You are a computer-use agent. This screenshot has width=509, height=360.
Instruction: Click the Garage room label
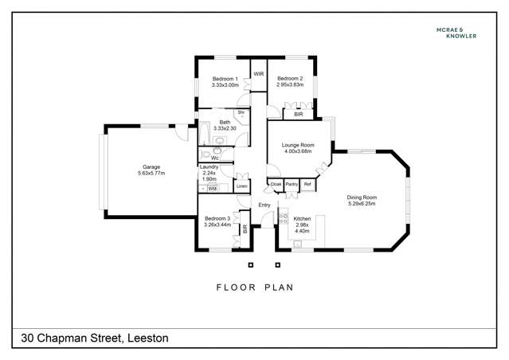[x=151, y=166]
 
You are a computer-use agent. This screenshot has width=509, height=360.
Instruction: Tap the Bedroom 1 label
[x=225, y=79]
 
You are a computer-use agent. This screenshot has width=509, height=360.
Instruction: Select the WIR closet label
[x=259, y=74]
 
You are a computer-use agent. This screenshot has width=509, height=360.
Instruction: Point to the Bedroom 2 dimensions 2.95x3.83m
[x=290, y=84]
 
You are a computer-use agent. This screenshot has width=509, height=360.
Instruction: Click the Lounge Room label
[x=298, y=145]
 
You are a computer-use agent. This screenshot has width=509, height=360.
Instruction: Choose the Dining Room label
[x=362, y=198]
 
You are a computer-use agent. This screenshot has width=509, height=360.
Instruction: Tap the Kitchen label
[x=302, y=219]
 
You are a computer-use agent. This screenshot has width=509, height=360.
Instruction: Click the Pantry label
[x=292, y=184]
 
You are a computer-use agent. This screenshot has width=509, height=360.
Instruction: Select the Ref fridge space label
[x=307, y=184]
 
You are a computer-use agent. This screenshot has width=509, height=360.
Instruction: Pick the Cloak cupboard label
[x=276, y=184]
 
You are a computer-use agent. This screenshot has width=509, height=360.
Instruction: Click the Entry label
[x=264, y=205]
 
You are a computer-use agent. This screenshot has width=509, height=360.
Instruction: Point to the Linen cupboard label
[x=242, y=186]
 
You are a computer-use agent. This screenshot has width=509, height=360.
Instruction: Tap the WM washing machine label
[x=213, y=189]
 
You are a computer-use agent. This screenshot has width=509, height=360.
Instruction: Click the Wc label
[x=214, y=158]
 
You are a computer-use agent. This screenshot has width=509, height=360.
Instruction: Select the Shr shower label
[x=241, y=112]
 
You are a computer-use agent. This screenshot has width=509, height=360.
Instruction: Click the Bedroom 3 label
[x=217, y=218]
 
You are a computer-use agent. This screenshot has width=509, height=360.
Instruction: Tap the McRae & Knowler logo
[x=456, y=33]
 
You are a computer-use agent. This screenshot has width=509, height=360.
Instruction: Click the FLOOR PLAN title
[x=255, y=288]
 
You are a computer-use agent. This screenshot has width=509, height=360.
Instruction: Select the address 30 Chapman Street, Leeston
[x=95, y=338]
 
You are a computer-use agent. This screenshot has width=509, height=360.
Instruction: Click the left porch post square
[x=251, y=265]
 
